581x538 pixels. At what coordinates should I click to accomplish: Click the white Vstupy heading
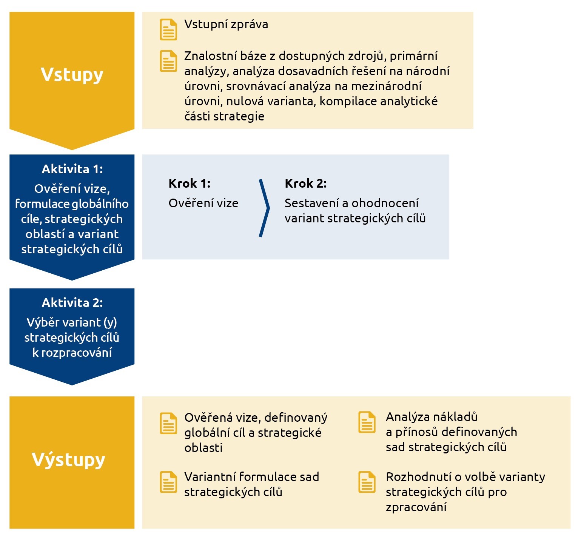click(72, 75)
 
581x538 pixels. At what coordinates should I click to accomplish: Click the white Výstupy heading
click(68, 460)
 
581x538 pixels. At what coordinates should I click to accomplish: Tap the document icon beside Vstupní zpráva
click(168, 29)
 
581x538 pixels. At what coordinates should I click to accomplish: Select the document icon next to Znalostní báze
click(168, 61)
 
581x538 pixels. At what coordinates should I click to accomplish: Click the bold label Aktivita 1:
click(72, 169)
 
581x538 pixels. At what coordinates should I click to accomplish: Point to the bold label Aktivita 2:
click(72, 303)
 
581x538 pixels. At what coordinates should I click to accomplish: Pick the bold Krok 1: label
click(190, 183)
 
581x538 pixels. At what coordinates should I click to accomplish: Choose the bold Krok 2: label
click(306, 183)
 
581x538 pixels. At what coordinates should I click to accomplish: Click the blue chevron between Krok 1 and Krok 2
click(265, 208)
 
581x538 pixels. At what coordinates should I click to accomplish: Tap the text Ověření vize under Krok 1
click(203, 203)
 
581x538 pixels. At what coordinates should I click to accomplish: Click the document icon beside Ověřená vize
click(168, 424)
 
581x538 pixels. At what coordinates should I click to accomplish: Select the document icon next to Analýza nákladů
click(367, 422)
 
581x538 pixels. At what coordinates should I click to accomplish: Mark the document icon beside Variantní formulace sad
click(168, 482)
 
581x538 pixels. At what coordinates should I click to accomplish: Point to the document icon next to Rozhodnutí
click(367, 482)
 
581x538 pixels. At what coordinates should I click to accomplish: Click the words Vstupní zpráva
click(226, 25)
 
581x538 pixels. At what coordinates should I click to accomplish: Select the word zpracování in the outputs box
click(416, 507)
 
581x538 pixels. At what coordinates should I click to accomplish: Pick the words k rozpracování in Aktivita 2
click(72, 353)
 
